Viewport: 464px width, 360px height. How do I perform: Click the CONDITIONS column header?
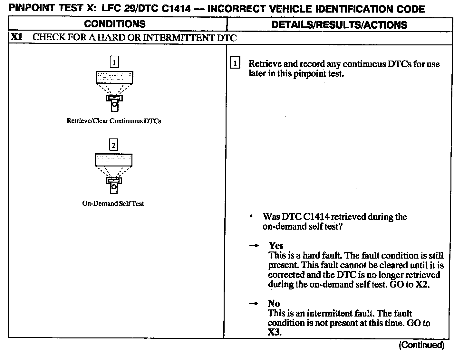[115, 24]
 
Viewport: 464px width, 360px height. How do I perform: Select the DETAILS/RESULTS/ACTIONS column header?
[339, 25]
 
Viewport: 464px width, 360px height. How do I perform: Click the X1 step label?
[17, 37]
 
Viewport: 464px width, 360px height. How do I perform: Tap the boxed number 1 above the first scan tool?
[114, 62]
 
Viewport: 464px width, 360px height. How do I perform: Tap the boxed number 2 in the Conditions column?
[113, 145]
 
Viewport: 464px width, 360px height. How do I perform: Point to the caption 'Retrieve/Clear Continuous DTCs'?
[114, 121]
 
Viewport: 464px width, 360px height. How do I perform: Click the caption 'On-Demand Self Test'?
[113, 204]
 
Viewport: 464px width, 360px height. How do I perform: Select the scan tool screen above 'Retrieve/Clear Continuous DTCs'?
[114, 77]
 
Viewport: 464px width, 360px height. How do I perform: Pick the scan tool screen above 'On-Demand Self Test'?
[114, 160]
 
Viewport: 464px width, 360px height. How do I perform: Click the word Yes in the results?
[276, 246]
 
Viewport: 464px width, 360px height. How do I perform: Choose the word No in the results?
[274, 303]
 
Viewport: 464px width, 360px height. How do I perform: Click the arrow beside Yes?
[254, 246]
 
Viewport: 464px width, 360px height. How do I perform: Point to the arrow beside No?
[254, 304]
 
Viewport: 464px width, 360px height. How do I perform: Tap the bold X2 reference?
[422, 285]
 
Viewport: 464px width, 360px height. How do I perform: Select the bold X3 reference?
[274, 332]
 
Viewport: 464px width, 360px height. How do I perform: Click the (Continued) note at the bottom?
[422, 345]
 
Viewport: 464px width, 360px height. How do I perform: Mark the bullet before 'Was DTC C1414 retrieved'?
[251, 217]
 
